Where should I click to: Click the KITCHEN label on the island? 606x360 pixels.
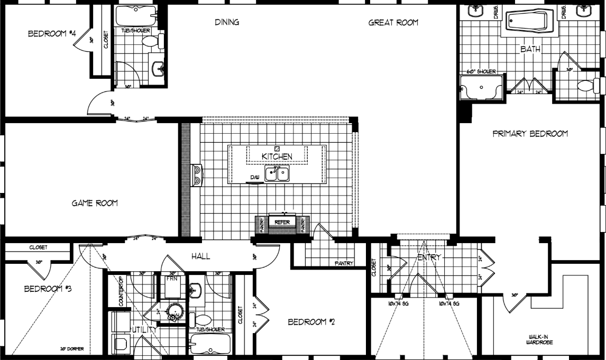(x=277, y=156)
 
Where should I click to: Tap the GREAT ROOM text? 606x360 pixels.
(x=393, y=22)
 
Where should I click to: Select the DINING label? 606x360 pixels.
(x=227, y=22)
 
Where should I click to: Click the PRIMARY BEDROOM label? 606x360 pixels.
(x=530, y=134)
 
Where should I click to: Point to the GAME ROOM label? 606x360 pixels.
(x=95, y=203)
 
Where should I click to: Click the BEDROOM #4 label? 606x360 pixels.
(x=52, y=34)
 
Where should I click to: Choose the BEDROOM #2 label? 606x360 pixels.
(x=310, y=321)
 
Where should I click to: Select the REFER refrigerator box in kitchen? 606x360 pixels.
(x=282, y=223)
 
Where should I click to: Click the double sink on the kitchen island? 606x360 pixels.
(x=277, y=173)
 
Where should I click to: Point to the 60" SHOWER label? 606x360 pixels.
(x=481, y=71)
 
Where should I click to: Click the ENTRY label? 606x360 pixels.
(x=429, y=257)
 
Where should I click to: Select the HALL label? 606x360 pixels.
(x=201, y=256)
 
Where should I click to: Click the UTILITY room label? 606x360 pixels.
(x=144, y=329)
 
